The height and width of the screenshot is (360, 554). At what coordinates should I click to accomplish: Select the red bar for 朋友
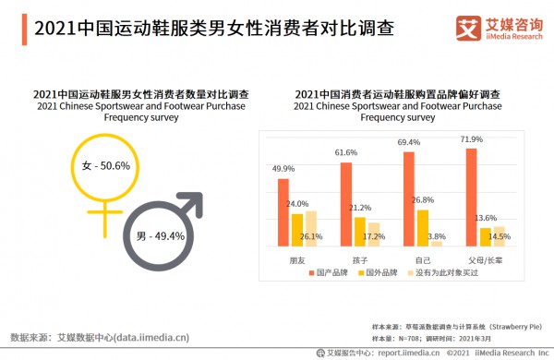[x=283, y=211]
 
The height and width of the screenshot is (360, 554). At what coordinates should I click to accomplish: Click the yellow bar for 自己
[x=422, y=227]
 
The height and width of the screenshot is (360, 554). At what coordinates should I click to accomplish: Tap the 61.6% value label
[x=346, y=152]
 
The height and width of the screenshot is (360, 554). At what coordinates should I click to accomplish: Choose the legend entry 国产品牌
[x=330, y=274]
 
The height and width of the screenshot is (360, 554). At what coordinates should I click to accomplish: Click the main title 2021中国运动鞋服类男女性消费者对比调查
[x=199, y=29]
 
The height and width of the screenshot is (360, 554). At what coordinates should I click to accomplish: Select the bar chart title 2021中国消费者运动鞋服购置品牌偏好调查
[x=397, y=94]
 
